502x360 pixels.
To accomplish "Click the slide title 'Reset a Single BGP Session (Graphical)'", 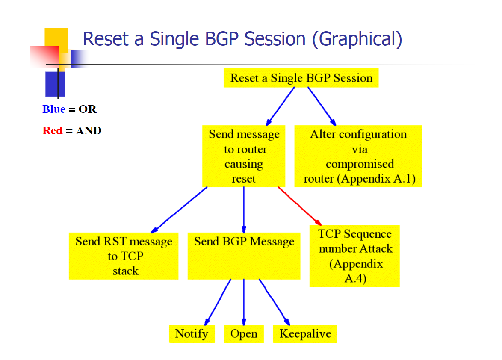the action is pyautogui.click(x=242, y=39).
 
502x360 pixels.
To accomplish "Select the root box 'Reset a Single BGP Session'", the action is pyautogui.click(x=301, y=78).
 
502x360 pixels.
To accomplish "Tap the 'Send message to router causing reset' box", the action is pyautogui.click(x=244, y=156).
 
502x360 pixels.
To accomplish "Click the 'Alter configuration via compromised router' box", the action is pyautogui.click(x=358, y=156).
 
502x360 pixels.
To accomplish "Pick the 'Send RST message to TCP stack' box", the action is pyautogui.click(x=124, y=256).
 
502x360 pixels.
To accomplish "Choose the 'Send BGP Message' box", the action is pyautogui.click(x=244, y=256).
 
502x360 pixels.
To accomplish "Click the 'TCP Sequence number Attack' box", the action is pyautogui.click(x=354, y=256).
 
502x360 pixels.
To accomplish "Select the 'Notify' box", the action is pyautogui.click(x=192, y=334).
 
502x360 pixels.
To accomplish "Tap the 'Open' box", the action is pyautogui.click(x=244, y=334).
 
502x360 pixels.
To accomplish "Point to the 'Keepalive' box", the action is pyautogui.click(x=305, y=334).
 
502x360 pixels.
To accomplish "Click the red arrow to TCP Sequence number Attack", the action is pyautogui.click(x=300, y=207).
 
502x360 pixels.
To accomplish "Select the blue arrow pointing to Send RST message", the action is pyautogui.click(x=179, y=210).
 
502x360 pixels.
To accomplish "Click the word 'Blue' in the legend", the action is pyautogui.click(x=54, y=109).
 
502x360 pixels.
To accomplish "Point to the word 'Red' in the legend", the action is pyautogui.click(x=53, y=130).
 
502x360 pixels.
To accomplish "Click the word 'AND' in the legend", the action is pyautogui.click(x=89, y=130).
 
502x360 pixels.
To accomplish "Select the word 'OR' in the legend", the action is pyautogui.click(x=87, y=109).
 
